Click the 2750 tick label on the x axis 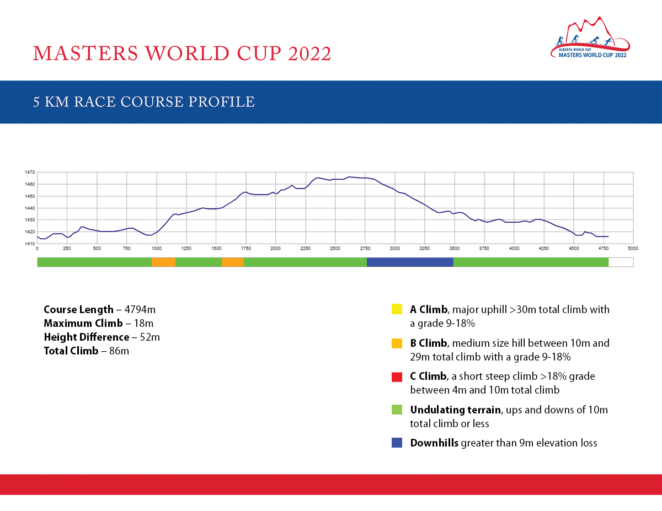[x=365, y=249]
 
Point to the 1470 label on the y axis [x=30, y=172]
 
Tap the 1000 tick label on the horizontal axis [x=157, y=249]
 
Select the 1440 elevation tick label [x=30, y=208]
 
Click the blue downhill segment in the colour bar [x=410, y=262]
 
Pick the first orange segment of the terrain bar [x=164, y=262]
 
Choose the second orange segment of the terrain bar [x=233, y=262]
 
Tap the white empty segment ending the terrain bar [x=621, y=262]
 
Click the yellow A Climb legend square [x=397, y=309]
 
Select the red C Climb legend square [x=397, y=377]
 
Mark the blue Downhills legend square [x=397, y=443]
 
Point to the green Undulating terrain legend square [x=397, y=410]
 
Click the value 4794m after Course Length [x=140, y=310]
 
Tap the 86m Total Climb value [x=119, y=351]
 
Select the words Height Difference [x=87, y=337]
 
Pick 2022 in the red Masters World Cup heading [x=309, y=53]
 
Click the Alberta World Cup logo [x=590, y=37]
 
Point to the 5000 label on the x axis [x=633, y=249]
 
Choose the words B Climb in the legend [x=428, y=343]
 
